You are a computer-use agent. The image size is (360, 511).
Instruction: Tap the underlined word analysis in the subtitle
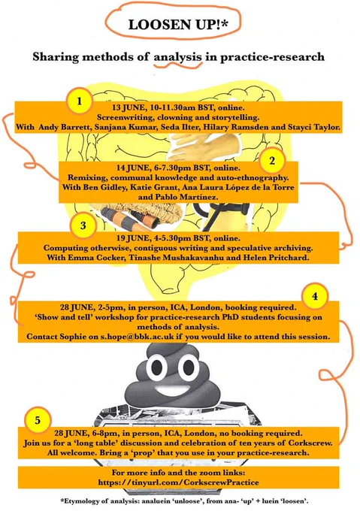coord(177,56)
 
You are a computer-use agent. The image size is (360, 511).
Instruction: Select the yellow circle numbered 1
coord(80,101)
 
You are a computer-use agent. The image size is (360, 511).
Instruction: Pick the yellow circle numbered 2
coord(272,160)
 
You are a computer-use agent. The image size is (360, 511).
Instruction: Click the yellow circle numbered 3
coord(83,225)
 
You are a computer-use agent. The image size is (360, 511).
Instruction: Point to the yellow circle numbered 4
coord(315,296)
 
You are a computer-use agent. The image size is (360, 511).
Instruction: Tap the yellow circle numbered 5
coord(38,420)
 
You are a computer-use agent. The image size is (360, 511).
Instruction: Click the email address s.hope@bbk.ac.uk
coord(137,337)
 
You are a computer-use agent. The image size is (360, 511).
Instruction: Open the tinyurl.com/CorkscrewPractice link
coord(179,482)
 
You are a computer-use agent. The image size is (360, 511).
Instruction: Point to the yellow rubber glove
coord(192,146)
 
